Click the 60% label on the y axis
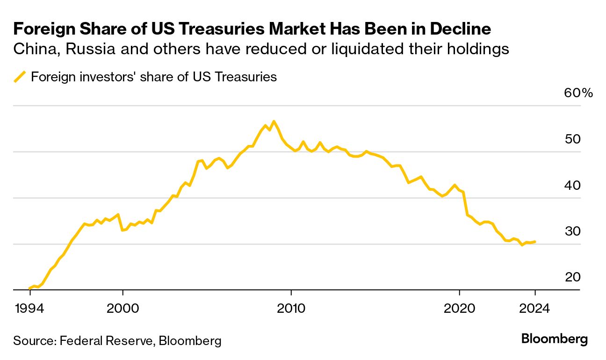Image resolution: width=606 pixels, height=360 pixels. [x=578, y=93]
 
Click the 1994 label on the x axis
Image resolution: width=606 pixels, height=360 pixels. [x=29, y=309]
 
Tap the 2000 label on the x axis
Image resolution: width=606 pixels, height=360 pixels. [x=123, y=309]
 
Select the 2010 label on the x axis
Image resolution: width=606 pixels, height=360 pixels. [x=291, y=309]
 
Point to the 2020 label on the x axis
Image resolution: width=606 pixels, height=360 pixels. [x=459, y=309]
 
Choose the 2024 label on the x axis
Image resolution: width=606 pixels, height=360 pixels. [x=534, y=309]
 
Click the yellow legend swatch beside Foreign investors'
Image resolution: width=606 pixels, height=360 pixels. [x=20, y=77]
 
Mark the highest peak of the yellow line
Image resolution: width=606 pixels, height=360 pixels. [x=274, y=122]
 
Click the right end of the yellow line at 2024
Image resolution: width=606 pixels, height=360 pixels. [x=535, y=242]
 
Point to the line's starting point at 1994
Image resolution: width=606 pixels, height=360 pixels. [x=29, y=288]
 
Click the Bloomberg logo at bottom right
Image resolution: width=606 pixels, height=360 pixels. [x=554, y=338]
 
